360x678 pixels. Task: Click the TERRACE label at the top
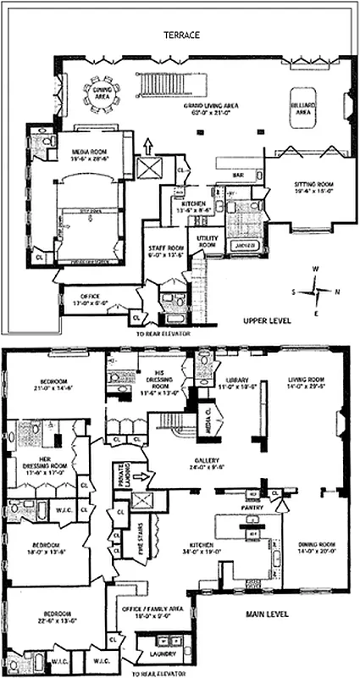(x=182, y=36)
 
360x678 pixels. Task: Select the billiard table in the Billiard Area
(x=301, y=108)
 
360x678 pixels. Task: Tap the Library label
(x=236, y=382)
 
